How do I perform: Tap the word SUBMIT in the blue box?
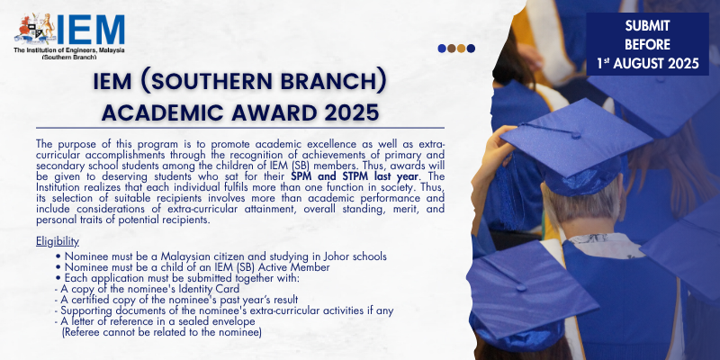click(x=647, y=26)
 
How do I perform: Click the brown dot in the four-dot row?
click(x=452, y=49)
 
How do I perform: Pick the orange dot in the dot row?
click(x=461, y=49)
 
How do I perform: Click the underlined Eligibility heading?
click(x=58, y=241)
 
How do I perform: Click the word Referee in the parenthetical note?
click(x=79, y=332)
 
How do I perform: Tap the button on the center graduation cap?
click(x=575, y=134)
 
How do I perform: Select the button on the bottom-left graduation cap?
click(x=521, y=287)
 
